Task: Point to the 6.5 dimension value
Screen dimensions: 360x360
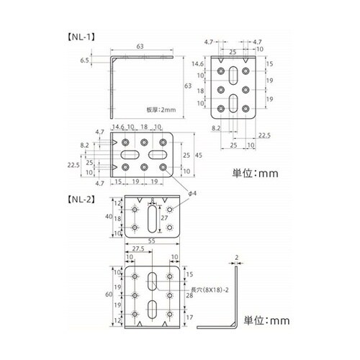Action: (85, 62)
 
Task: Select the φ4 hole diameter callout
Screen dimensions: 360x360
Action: (192, 192)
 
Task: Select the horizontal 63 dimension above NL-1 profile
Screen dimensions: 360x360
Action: (141, 46)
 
